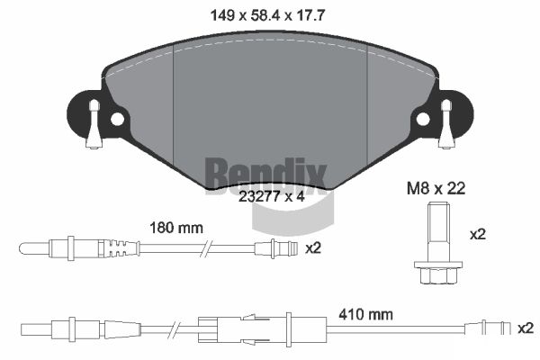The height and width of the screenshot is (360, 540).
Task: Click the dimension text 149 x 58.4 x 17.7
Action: click(x=267, y=15)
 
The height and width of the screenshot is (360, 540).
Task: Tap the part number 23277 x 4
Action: click(x=272, y=197)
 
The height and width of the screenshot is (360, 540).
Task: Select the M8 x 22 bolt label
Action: click(x=436, y=188)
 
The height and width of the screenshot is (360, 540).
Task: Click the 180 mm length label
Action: click(x=176, y=228)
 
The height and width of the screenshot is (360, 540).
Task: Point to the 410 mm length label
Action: click(x=365, y=314)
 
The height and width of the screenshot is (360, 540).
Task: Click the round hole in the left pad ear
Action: click(x=117, y=119)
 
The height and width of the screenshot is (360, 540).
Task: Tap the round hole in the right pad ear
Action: click(x=423, y=119)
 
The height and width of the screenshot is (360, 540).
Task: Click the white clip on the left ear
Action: click(x=94, y=124)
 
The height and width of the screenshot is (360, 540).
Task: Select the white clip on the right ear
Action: click(x=446, y=124)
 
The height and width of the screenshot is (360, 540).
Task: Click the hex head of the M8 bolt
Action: click(x=434, y=274)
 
